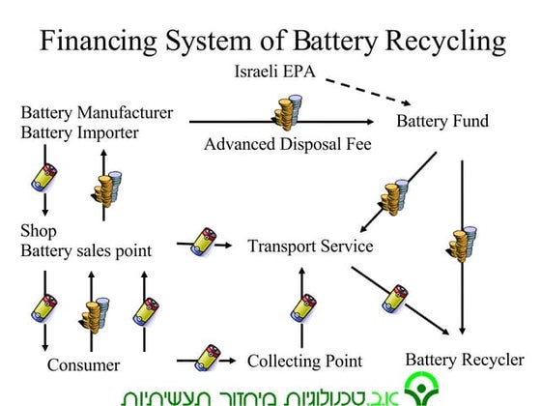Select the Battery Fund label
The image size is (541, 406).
(442, 122)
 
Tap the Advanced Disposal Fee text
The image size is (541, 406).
(274, 145)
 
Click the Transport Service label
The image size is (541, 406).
(310, 246)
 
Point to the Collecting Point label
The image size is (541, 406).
(304, 361)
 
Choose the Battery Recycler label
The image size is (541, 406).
(464, 360)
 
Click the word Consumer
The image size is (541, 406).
(83, 365)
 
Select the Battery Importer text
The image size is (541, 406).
(80, 132)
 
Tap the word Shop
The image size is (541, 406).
(39, 232)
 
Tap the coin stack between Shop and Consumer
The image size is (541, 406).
(94, 317)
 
